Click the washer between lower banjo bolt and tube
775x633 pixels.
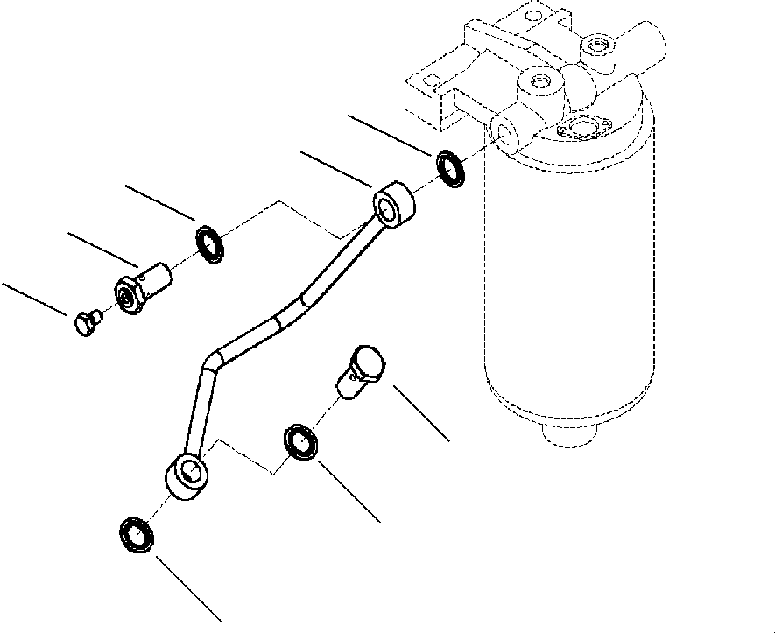pyautogui.click(x=300, y=442)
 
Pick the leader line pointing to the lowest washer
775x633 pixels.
pyautogui.click(x=188, y=587)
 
